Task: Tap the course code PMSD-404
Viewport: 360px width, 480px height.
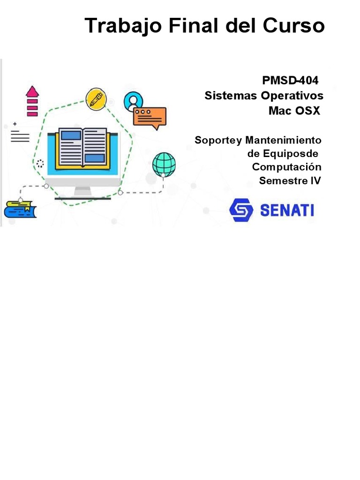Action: (x=290, y=81)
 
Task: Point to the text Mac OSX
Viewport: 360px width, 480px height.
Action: (x=294, y=111)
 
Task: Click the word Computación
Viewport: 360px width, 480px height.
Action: (x=286, y=167)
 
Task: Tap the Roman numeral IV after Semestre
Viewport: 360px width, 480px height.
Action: (x=315, y=180)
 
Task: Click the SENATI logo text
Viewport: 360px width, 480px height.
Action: (x=286, y=210)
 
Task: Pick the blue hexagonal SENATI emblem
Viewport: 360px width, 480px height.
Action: (x=241, y=210)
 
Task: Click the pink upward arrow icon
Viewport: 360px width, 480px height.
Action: (x=32, y=101)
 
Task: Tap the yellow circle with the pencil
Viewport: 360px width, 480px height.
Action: (x=96, y=98)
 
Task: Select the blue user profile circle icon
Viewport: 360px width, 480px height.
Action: (x=133, y=100)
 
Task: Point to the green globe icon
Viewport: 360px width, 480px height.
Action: (x=164, y=165)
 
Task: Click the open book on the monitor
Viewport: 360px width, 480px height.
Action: (x=83, y=147)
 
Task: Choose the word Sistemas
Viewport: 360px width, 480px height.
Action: (x=230, y=96)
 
